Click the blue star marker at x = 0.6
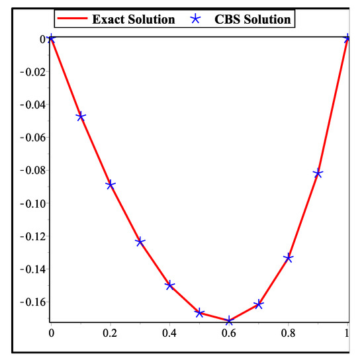(229, 321)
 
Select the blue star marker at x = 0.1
(81, 116)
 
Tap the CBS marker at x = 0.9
(318, 173)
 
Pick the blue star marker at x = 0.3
(140, 242)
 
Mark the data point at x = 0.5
(199, 312)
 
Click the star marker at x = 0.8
(289, 258)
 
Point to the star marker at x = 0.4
(170, 285)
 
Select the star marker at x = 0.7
(259, 304)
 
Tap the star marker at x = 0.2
(111, 185)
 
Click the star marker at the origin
(52, 38)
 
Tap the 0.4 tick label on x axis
(170, 335)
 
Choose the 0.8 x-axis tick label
(289, 335)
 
